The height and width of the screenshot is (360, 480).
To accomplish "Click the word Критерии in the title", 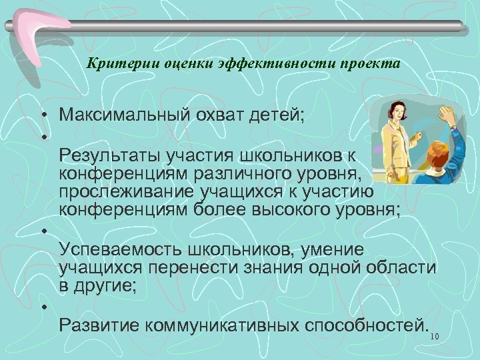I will pyautogui.click(x=113, y=65).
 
